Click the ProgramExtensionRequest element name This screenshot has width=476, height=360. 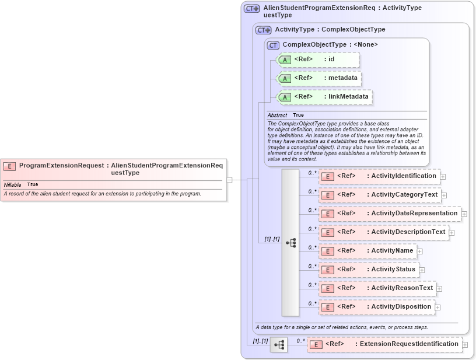tap(61, 165)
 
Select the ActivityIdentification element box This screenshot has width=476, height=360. tap(379, 176)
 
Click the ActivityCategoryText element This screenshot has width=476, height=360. tap(380, 195)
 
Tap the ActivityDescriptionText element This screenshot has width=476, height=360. tap(383, 232)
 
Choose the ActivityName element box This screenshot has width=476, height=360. tap(367, 251)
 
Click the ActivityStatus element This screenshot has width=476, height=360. tap(369, 270)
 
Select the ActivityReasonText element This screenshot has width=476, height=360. tap(377, 288)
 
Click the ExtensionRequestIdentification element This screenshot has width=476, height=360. tap(384, 344)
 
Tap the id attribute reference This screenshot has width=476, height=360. tap(318, 60)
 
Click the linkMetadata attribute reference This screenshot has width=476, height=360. tap(324, 97)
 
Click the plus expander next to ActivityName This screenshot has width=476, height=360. tap(420, 251)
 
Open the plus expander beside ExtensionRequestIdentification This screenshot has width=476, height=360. tap(465, 345)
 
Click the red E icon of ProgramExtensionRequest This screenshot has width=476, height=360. tap(9, 166)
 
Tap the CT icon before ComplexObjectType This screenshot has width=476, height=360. tap(272, 45)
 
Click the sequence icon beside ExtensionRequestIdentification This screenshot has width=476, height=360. tap(279, 345)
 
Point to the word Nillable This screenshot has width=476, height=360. tap(12, 184)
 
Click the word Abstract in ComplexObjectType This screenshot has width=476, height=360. tap(277, 116)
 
